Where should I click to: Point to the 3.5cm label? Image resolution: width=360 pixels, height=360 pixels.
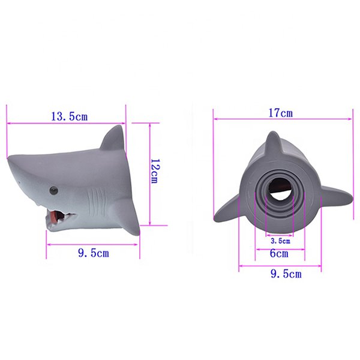280,241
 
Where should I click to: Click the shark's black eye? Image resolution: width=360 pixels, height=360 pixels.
54,191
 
